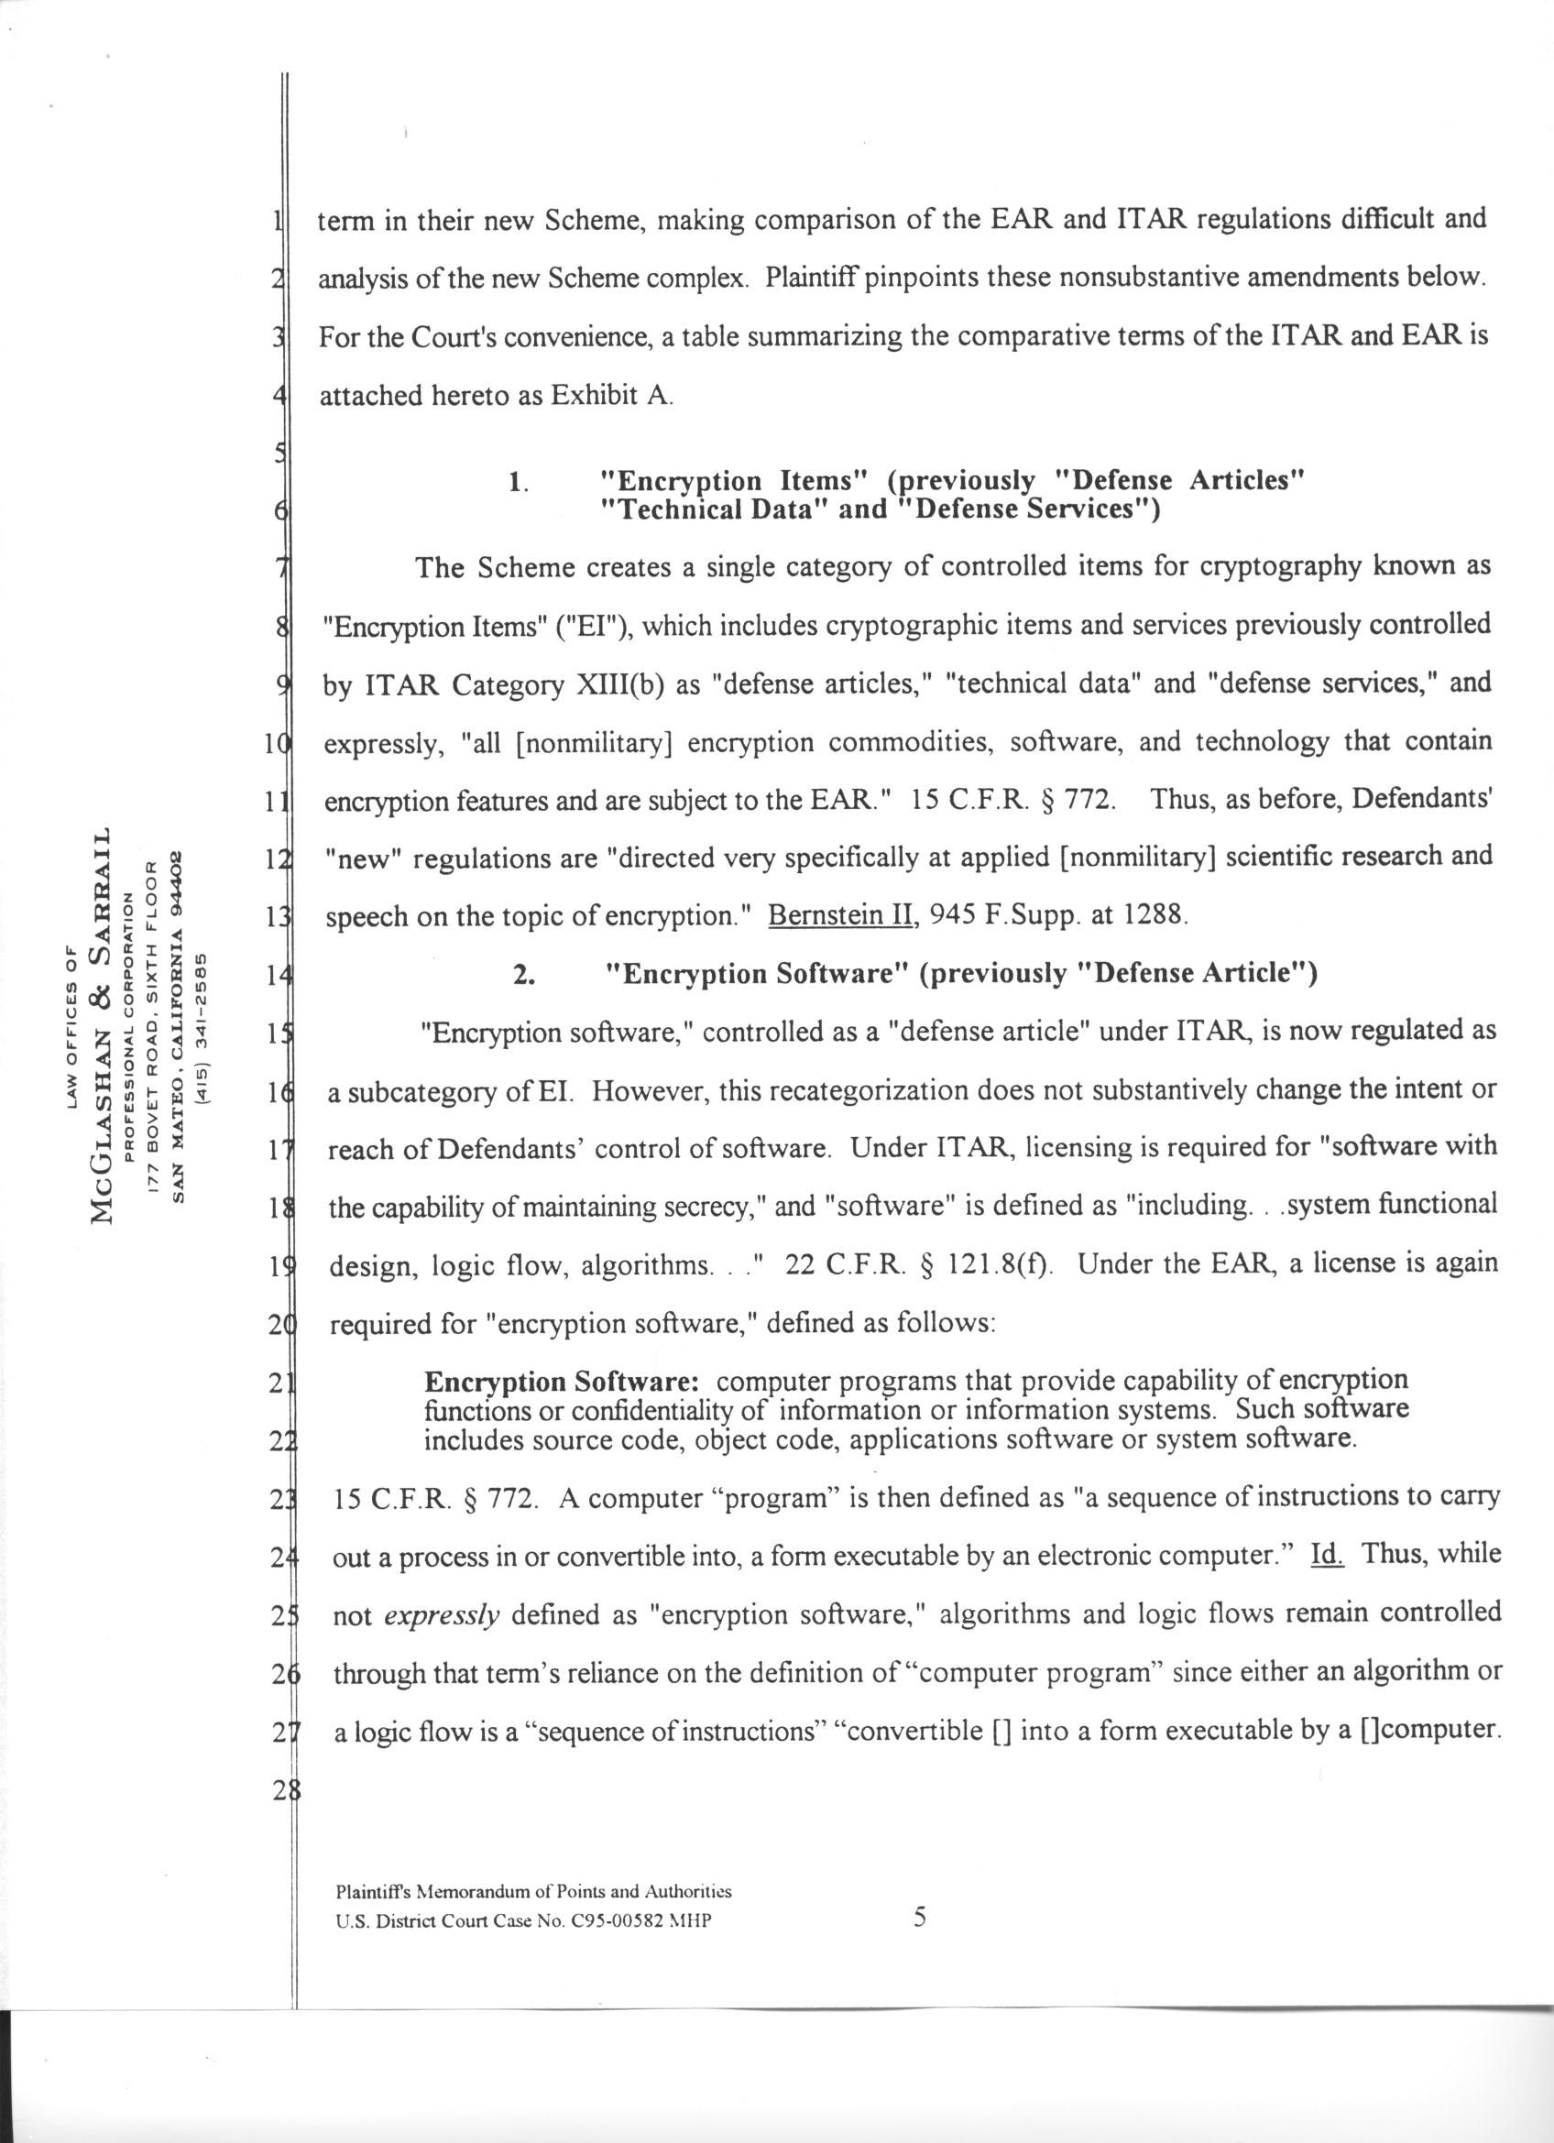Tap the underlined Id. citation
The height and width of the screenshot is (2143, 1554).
[x=1328, y=1553]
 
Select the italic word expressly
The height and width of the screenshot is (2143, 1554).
[x=441, y=1613]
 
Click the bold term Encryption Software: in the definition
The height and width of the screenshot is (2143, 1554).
[x=561, y=1382]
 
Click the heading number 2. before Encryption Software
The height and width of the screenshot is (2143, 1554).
[x=524, y=975]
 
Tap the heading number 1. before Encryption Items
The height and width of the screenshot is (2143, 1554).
[x=517, y=483]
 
